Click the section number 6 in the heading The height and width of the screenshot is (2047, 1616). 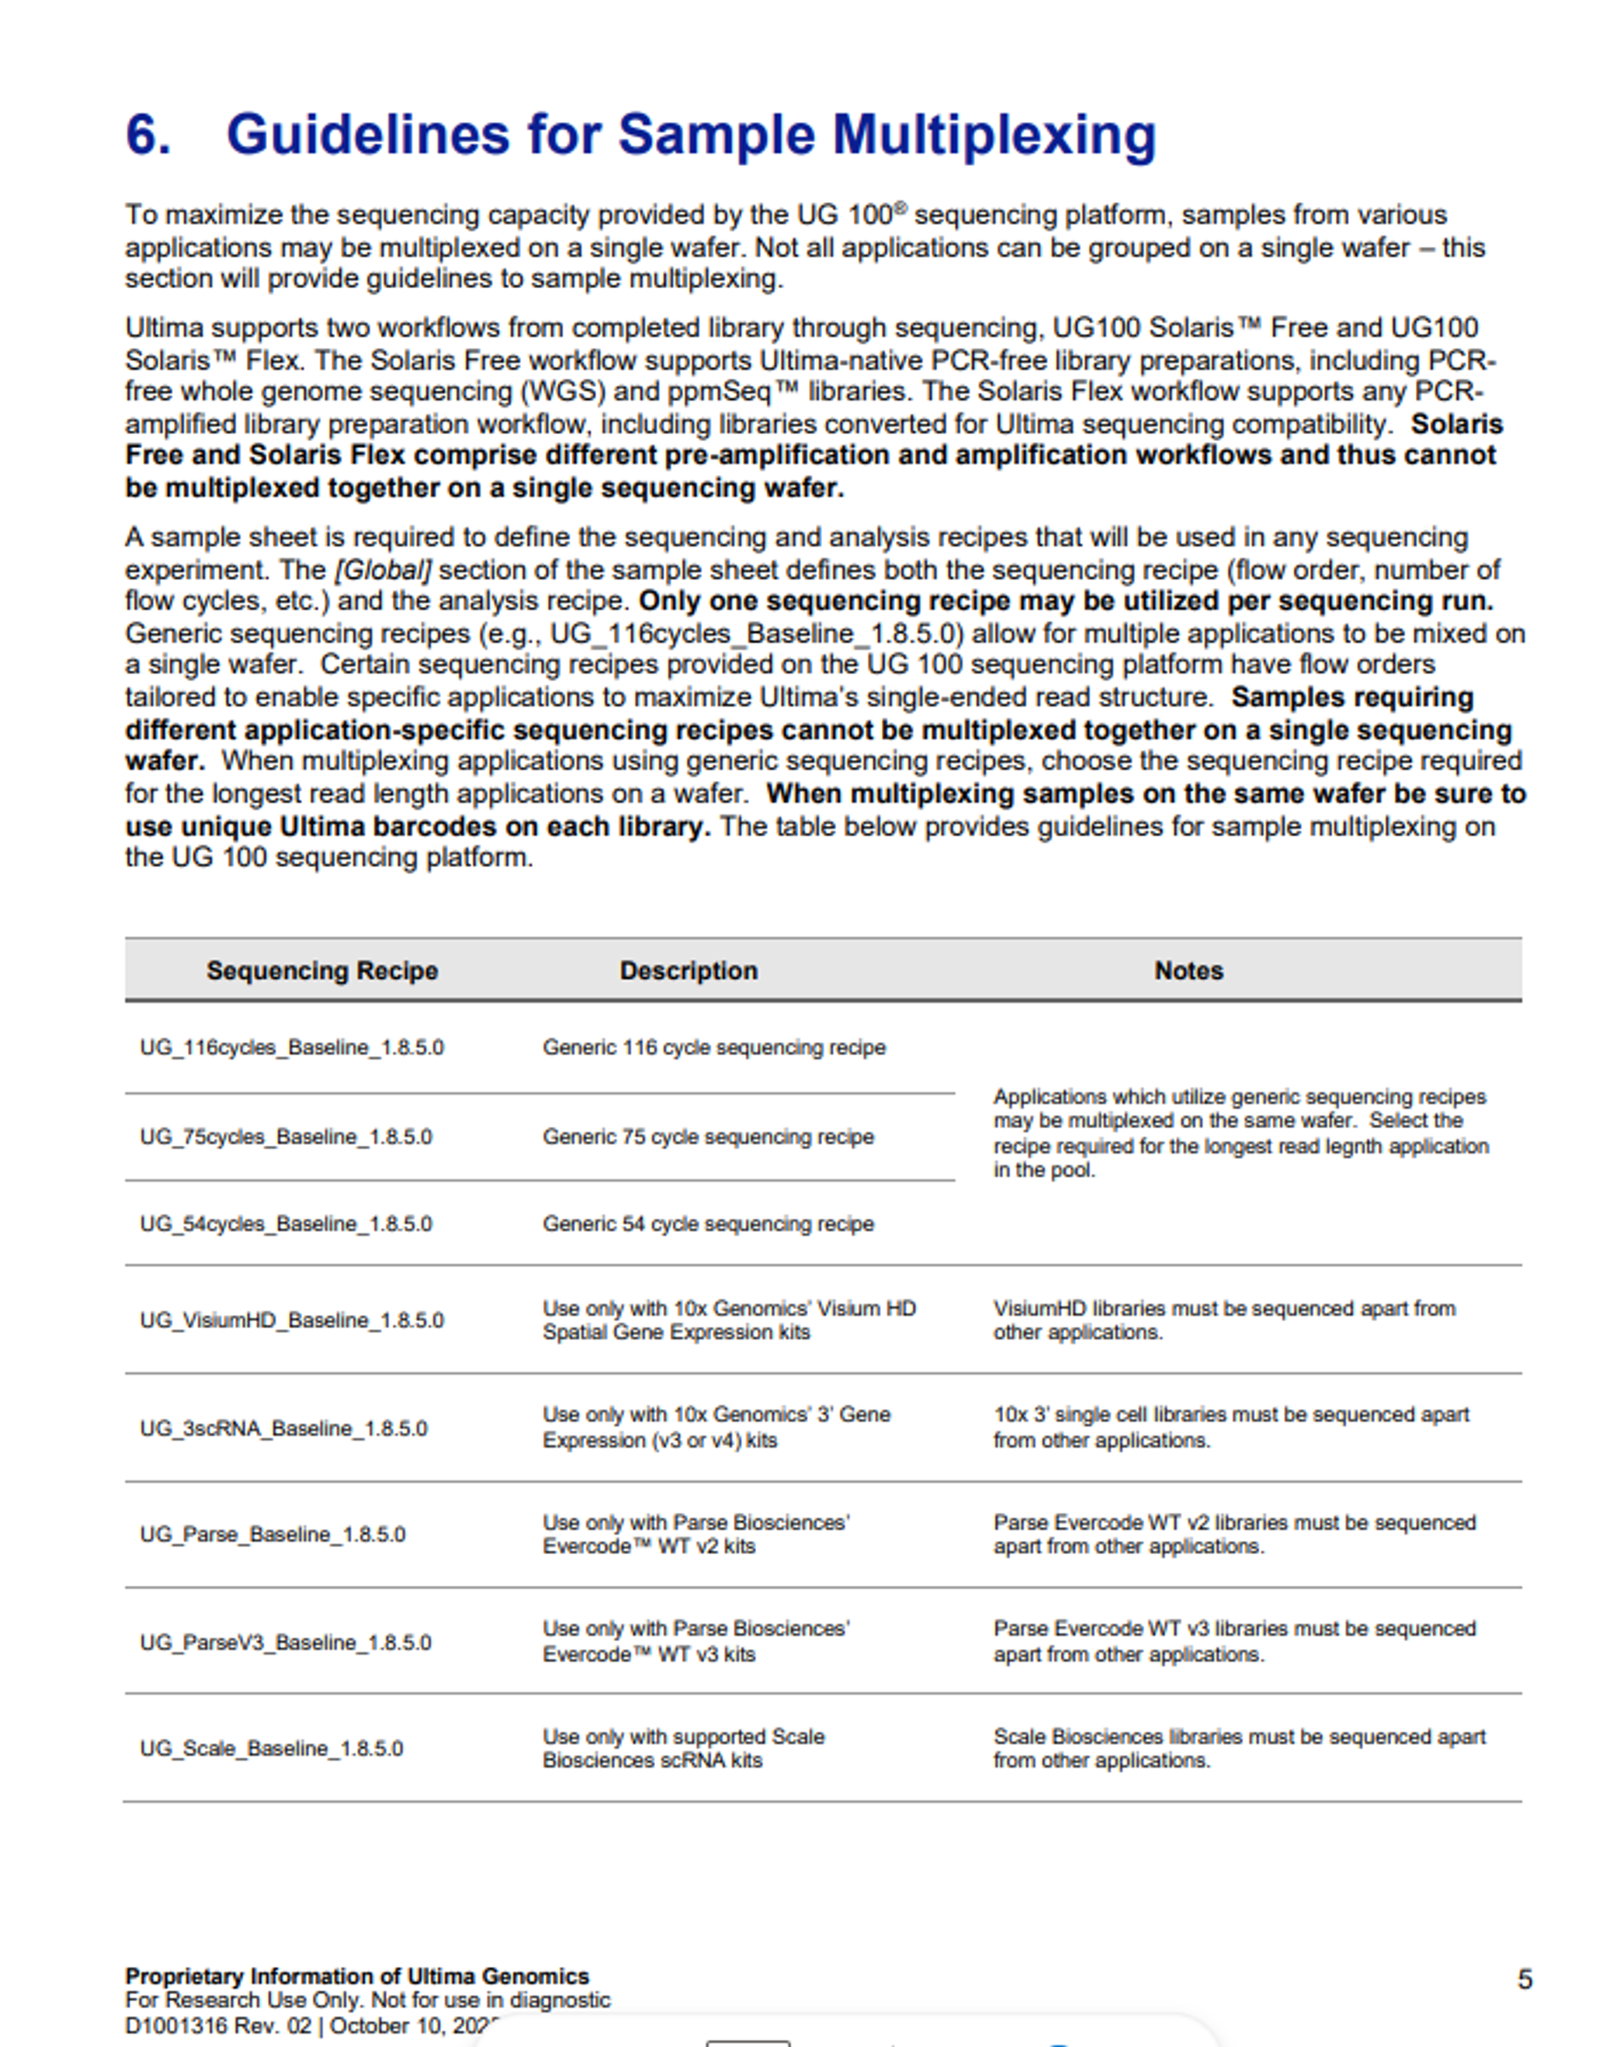tap(148, 134)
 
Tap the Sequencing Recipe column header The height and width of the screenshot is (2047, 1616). tap(321, 971)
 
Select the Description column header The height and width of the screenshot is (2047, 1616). tap(688, 971)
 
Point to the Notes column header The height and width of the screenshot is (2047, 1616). tap(1188, 971)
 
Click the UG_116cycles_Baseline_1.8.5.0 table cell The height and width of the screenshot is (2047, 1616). tap(292, 1047)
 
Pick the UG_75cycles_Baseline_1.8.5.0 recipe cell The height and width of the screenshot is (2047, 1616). tap(285, 1137)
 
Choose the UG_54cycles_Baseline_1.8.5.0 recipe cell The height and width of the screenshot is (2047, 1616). tap(285, 1224)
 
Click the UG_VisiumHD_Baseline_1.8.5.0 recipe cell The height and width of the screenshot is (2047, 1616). tap(292, 1320)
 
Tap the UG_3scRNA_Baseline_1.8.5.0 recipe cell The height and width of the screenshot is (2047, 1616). tap(283, 1429)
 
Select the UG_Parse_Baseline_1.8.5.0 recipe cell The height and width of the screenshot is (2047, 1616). tap(272, 1534)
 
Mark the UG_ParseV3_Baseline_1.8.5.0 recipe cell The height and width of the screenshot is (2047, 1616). tap(285, 1642)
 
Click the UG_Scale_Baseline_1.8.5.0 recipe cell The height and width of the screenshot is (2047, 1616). tap(271, 1748)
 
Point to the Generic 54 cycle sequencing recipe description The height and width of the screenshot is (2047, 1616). tap(708, 1224)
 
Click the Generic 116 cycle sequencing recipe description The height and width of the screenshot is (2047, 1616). tap(713, 1047)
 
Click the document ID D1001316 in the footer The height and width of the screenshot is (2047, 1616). tap(176, 2026)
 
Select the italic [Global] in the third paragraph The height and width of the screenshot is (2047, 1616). tap(382, 571)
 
